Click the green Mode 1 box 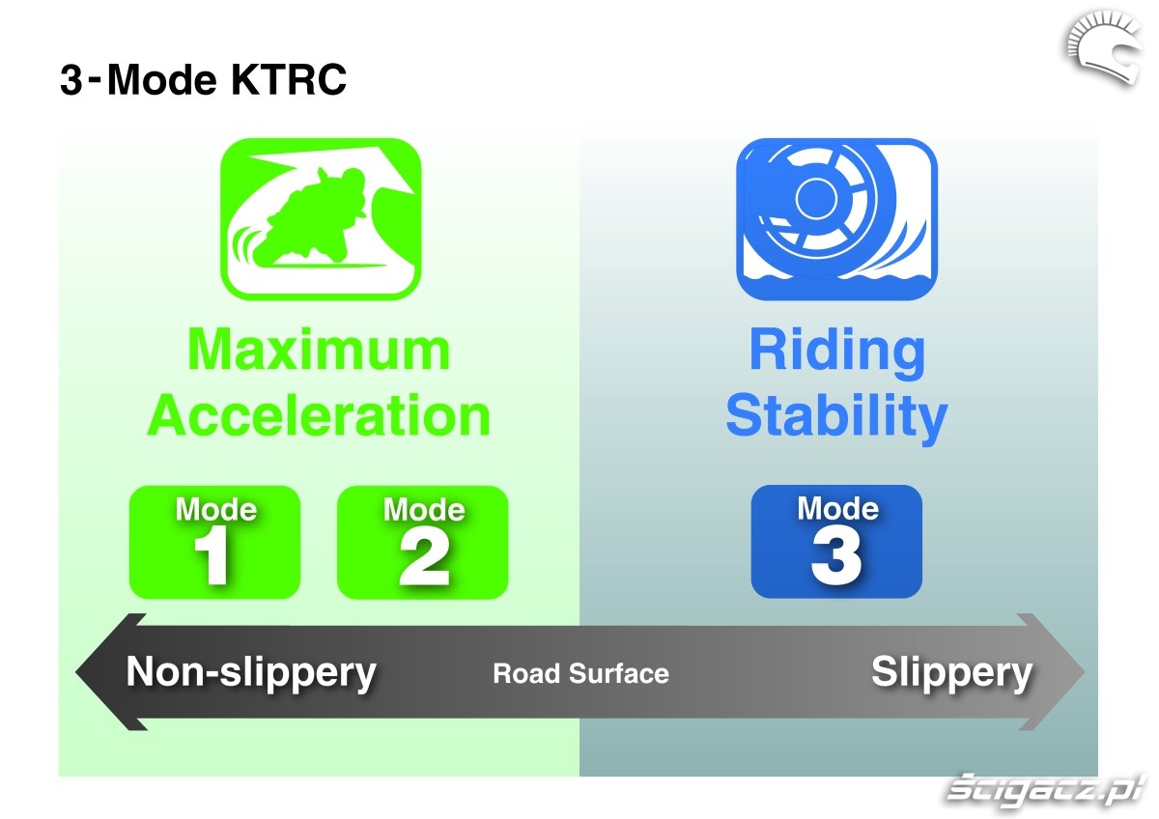(214, 542)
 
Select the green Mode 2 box (422, 542)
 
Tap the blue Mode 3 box (836, 541)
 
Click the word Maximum (319, 350)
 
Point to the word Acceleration (319, 415)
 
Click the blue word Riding (837, 354)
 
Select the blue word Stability (836, 419)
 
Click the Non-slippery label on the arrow (251, 672)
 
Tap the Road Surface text (580, 673)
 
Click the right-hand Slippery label (952, 672)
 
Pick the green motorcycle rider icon (321, 219)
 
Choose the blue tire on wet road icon (836, 219)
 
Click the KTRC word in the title (289, 79)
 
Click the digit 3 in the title (71, 79)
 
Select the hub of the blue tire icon (816, 198)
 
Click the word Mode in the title (161, 79)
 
